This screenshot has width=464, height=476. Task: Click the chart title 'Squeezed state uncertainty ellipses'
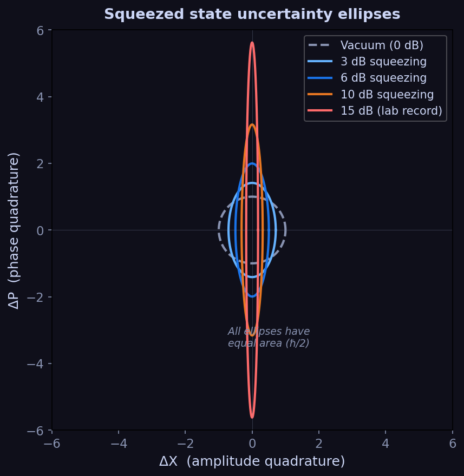(x=252, y=14)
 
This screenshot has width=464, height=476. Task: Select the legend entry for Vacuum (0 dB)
(x=382, y=45)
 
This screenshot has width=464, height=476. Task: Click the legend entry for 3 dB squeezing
(x=383, y=62)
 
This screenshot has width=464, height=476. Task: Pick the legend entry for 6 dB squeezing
(x=383, y=78)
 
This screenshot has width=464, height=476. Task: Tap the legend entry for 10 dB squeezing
(x=387, y=95)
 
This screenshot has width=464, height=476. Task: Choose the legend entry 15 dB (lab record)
(x=391, y=111)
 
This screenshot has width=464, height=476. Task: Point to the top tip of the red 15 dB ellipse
(x=252, y=42)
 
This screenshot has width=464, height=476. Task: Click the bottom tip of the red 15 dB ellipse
(x=252, y=418)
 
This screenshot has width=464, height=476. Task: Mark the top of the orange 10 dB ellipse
(x=252, y=124)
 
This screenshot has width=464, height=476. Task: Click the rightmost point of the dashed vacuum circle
(x=285, y=230)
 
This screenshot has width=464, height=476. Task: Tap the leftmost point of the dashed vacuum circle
(x=219, y=230)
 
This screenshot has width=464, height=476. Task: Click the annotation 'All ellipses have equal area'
(x=269, y=337)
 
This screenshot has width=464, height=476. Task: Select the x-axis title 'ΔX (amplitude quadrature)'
(x=252, y=461)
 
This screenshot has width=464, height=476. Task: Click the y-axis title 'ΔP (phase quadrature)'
(x=14, y=230)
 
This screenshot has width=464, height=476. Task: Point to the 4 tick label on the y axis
(x=40, y=97)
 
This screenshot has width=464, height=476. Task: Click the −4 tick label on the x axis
(x=119, y=443)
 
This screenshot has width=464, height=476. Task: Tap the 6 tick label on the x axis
(x=452, y=443)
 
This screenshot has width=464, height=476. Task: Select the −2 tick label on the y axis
(x=36, y=297)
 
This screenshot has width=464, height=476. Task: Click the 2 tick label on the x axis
(x=318, y=443)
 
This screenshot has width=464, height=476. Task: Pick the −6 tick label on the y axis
(x=36, y=431)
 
